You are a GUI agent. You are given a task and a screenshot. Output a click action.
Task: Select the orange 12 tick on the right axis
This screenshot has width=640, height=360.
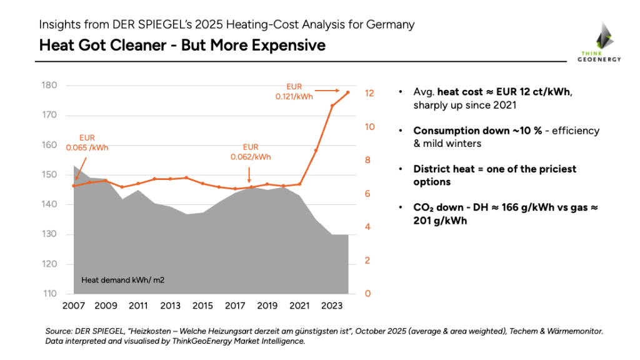(369, 93)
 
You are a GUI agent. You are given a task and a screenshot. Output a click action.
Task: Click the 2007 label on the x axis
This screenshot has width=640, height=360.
(74, 307)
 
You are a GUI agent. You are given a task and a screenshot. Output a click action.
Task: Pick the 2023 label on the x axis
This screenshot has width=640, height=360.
(332, 307)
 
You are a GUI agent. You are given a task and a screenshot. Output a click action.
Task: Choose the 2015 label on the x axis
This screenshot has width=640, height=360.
(202, 307)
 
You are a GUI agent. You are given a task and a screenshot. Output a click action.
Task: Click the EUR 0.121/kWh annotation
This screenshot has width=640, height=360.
(295, 92)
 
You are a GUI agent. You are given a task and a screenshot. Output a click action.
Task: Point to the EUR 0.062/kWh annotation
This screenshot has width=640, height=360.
(251, 152)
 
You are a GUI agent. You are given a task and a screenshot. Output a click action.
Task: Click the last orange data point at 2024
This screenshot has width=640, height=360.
(348, 92)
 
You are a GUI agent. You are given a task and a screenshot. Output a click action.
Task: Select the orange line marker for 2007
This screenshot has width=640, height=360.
(74, 186)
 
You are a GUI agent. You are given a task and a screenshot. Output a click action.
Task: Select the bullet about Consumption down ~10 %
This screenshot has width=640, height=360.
(506, 137)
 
